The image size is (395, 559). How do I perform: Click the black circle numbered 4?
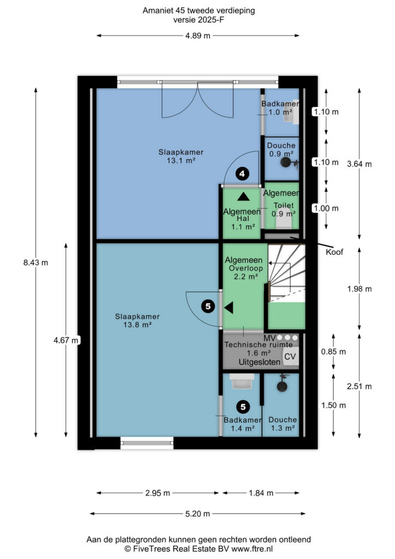[242, 174]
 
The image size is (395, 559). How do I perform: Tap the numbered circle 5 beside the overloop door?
[208, 306]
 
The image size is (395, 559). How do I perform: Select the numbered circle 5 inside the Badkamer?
[243, 407]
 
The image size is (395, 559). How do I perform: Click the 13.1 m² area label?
[181, 160]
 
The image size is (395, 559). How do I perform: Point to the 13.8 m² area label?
[137, 325]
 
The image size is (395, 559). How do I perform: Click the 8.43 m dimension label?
[35, 263]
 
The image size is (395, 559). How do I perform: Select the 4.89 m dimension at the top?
[197, 35]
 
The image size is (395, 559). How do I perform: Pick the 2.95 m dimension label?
[158, 493]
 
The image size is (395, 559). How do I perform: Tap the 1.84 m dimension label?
[261, 493]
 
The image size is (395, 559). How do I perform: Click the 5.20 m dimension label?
[197, 514]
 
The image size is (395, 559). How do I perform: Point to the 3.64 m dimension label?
[360, 164]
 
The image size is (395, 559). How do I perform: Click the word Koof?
[334, 252]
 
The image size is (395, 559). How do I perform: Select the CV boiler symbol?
[291, 356]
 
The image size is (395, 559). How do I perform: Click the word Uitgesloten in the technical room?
[259, 362]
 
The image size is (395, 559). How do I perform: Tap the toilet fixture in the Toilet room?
[284, 222]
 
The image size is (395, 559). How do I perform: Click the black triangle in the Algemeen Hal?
[244, 197]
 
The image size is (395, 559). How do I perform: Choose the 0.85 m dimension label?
[333, 352]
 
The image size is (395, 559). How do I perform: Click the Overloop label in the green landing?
[246, 269]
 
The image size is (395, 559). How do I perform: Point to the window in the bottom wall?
[147, 443]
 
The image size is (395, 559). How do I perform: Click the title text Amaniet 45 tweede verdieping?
[199, 11]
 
